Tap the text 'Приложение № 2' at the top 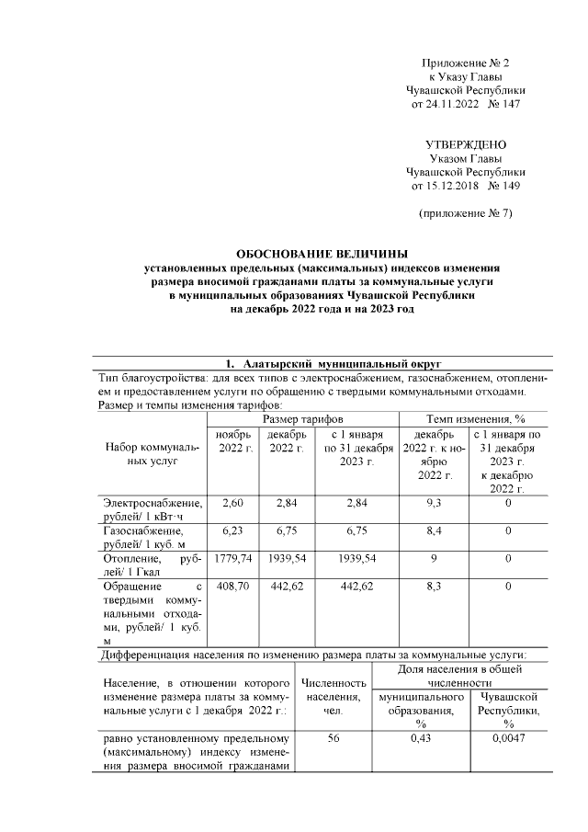pyautogui.click(x=465, y=63)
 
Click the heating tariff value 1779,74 pyautogui.click(x=229, y=558)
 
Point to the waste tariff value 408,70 pyautogui.click(x=229, y=586)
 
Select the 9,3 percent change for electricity pyautogui.click(x=430, y=503)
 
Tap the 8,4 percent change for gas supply pyautogui.click(x=430, y=530)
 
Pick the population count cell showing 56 pyautogui.click(x=333, y=739)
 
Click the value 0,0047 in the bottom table pyautogui.click(x=508, y=739)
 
